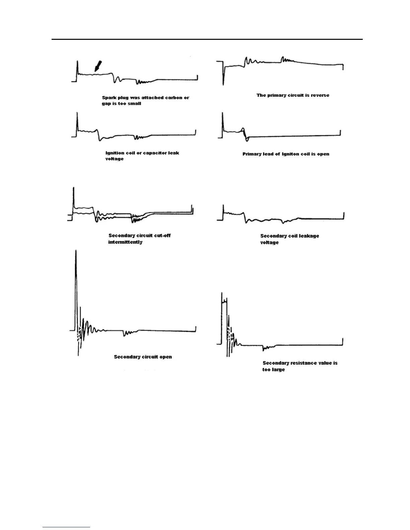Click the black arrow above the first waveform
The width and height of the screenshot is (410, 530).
[x=97, y=66]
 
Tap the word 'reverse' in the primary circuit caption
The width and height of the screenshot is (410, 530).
[x=320, y=95]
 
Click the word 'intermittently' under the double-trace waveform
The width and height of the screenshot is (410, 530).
[x=125, y=242]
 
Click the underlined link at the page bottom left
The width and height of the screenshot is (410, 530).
[x=66, y=527]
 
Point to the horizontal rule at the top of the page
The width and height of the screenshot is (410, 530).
[x=207, y=39]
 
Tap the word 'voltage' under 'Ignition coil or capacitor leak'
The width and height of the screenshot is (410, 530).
[x=115, y=159]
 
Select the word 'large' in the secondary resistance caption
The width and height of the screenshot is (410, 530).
[x=278, y=370]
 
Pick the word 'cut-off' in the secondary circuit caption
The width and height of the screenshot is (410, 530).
[x=162, y=236]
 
